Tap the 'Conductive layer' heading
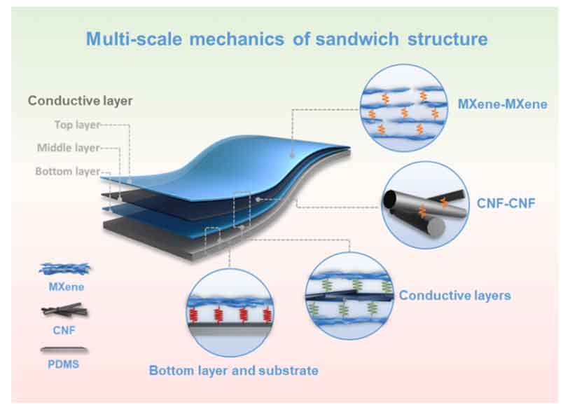(x=81, y=101)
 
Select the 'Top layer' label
(x=77, y=125)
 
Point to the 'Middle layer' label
(x=69, y=148)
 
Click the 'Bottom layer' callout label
(x=68, y=171)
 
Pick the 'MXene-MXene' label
(x=502, y=104)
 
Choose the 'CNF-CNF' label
(x=506, y=203)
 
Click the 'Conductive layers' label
(x=454, y=296)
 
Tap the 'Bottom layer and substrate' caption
(x=234, y=371)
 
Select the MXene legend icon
(x=64, y=269)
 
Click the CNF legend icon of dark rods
(x=64, y=310)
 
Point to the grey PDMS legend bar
(x=64, y=350)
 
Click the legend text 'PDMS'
(x=63, y=364)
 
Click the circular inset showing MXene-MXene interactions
(x=403, y=108)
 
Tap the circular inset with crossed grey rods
(x=425, y=205)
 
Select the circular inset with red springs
(x=230, y=313)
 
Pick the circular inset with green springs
(x=349, y=296)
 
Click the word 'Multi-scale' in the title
(x=134, y=39)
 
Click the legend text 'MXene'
(x=67, y=287)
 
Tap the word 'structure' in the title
(x=447, y=39)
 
